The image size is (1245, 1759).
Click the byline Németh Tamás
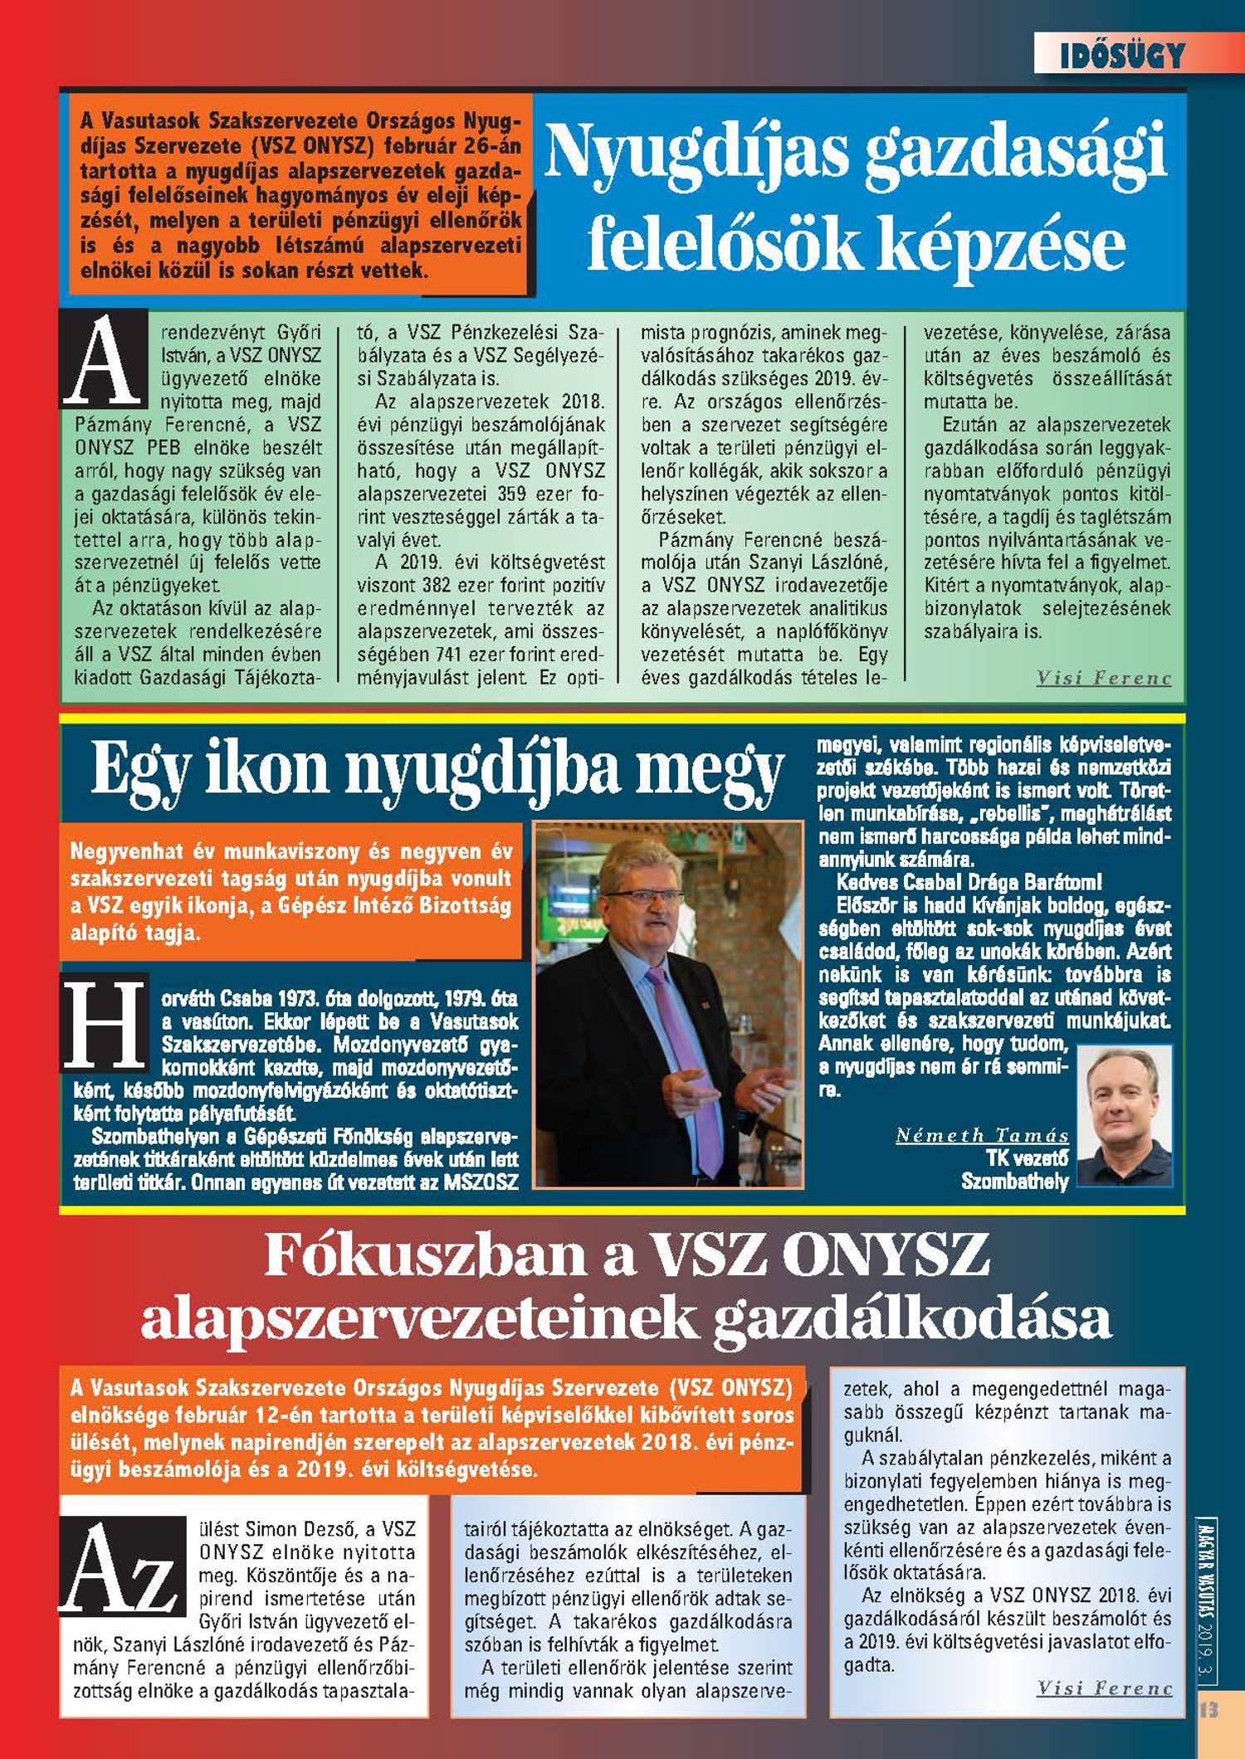click(982, 1136)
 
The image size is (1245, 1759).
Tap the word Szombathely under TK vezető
click(1014, 1181)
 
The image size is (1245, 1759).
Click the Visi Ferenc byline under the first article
click(1103, 679)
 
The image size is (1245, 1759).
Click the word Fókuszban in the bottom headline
click(425, 1255)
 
